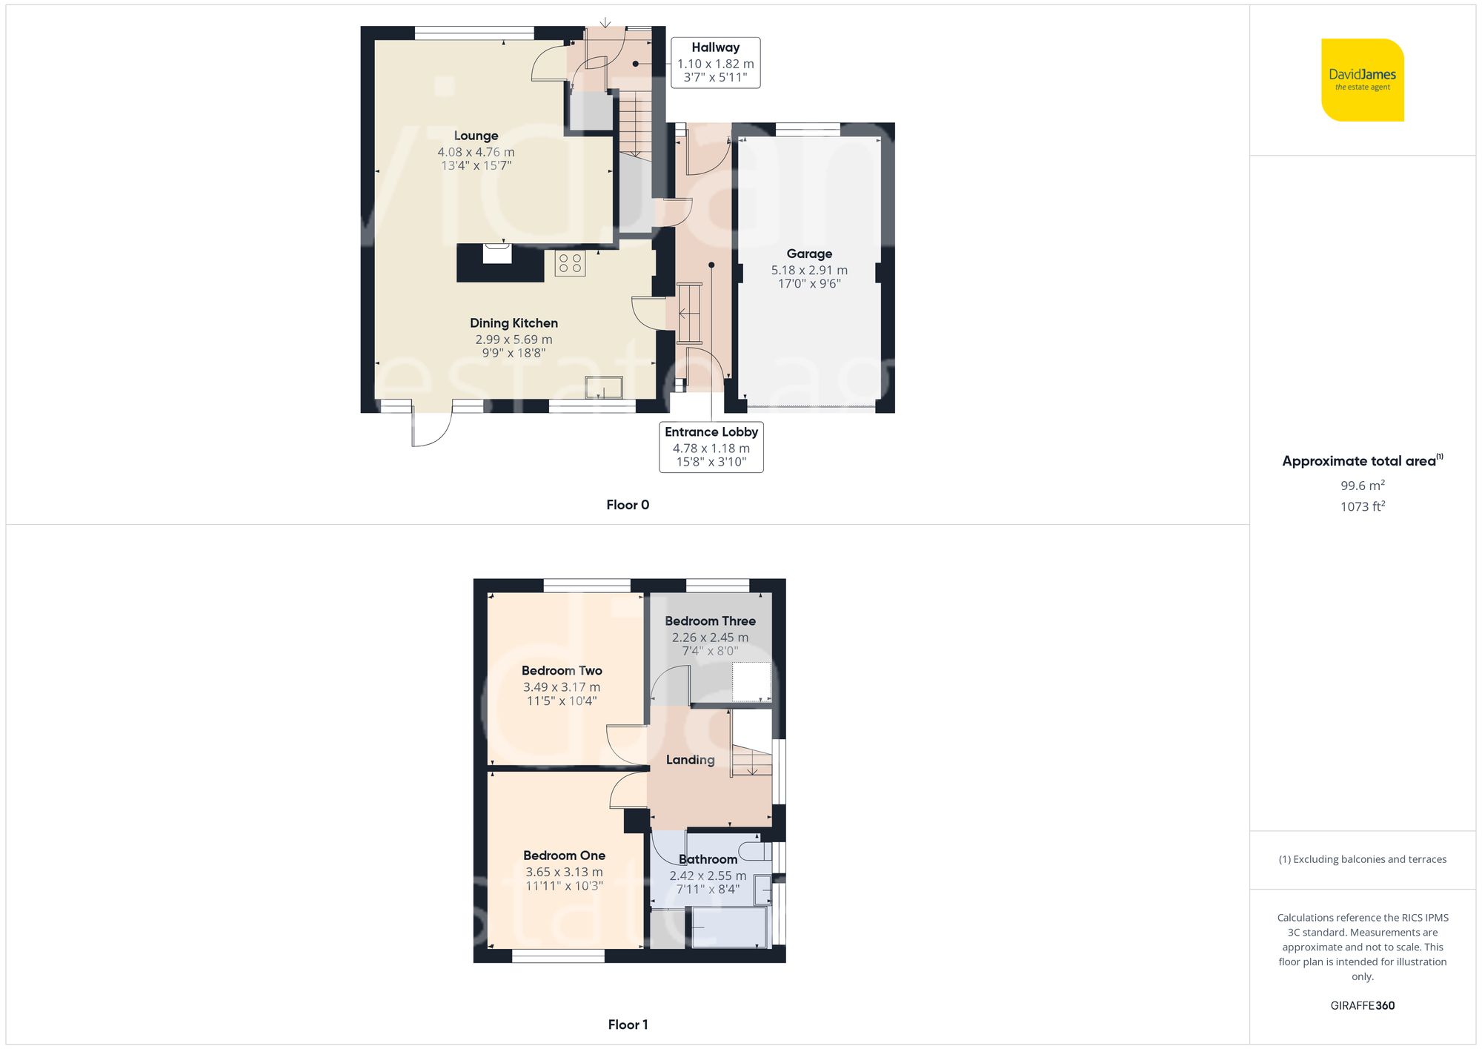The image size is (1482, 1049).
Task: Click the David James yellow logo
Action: tap(1362, 80)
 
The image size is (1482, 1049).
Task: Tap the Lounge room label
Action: tap(476, 136)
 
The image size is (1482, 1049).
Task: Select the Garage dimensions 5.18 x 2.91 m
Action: tap(809, 271)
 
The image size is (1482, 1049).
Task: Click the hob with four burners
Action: tap(570, 263)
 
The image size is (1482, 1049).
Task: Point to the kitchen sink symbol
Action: tap(603, 387)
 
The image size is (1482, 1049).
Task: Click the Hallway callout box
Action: tap(715, 63)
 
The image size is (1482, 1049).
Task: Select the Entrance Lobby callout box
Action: tap(711, 447)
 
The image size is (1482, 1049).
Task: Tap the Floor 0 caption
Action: tap(627, 505)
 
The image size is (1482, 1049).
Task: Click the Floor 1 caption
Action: tap(627, 1025)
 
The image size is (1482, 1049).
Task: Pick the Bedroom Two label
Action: tap(562, 671)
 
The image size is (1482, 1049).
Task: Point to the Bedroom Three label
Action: tap(710, 621)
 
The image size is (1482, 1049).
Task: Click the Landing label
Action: tap(690, 760)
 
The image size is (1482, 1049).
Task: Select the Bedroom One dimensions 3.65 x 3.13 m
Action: tap(564, 873)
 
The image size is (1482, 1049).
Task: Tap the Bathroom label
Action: tap(708, 859)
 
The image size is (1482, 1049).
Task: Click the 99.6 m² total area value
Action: tap(1362, 486)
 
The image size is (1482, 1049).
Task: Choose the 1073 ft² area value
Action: tap(1362, 506)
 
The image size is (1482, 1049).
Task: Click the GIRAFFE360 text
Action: tap(1362, 1006)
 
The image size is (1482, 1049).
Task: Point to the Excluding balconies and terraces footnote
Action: tap(1362, 859)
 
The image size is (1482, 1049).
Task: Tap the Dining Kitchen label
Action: tap(514, 323)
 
